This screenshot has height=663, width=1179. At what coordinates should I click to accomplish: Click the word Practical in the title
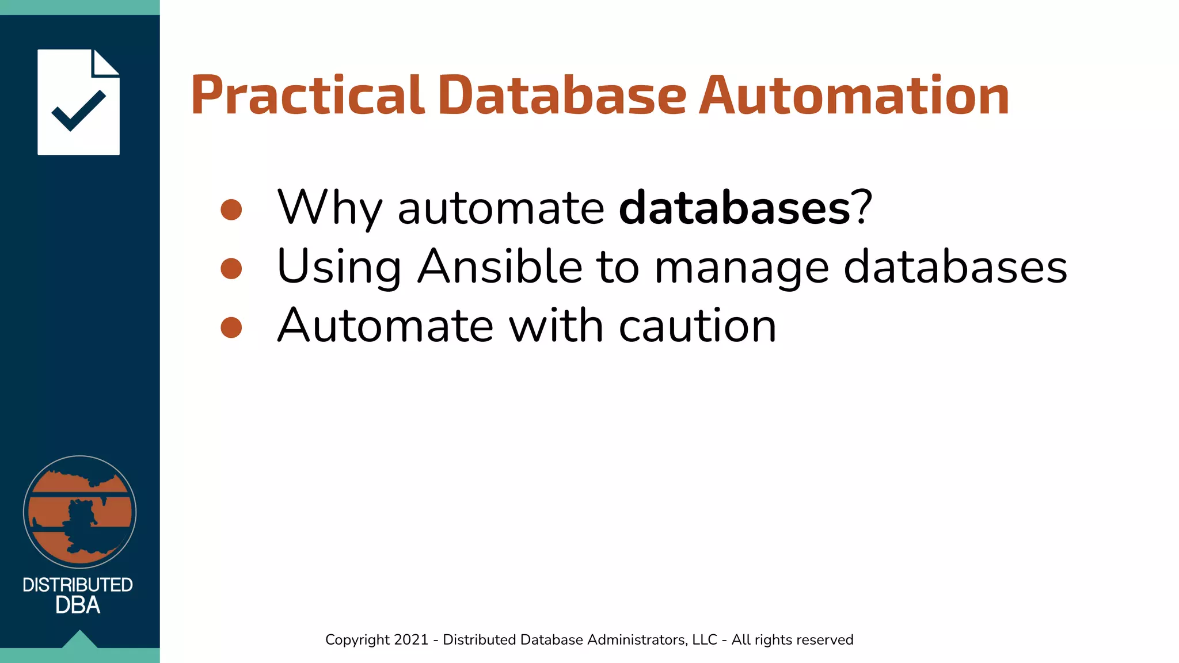click(x=307, y=96)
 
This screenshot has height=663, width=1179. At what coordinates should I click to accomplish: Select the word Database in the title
click(x=562, y=96)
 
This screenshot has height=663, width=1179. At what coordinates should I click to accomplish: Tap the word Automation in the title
click(x=854, y=96)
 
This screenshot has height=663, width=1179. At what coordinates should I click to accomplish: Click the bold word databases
click(x=734, y=208)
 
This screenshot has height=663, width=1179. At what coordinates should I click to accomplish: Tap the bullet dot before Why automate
click(x=231, y=209)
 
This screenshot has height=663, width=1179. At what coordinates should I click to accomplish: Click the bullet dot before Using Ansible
click(x=231, y=268)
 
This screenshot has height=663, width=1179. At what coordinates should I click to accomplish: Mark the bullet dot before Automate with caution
click(x=231, y=327)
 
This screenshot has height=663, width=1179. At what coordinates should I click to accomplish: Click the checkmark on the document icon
click(x=78, y=110)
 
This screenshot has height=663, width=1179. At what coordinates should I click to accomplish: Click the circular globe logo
click(x=79, y=512)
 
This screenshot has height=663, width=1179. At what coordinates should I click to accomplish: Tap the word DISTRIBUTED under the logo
click(x=78, y=585)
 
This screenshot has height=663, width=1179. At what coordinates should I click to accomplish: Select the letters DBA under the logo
click(x=78, y=605)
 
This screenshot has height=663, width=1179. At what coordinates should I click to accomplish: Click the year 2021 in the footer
click(x=411, y=640)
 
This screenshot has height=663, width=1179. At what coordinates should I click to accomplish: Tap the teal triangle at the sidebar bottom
click(x=79, y=639)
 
